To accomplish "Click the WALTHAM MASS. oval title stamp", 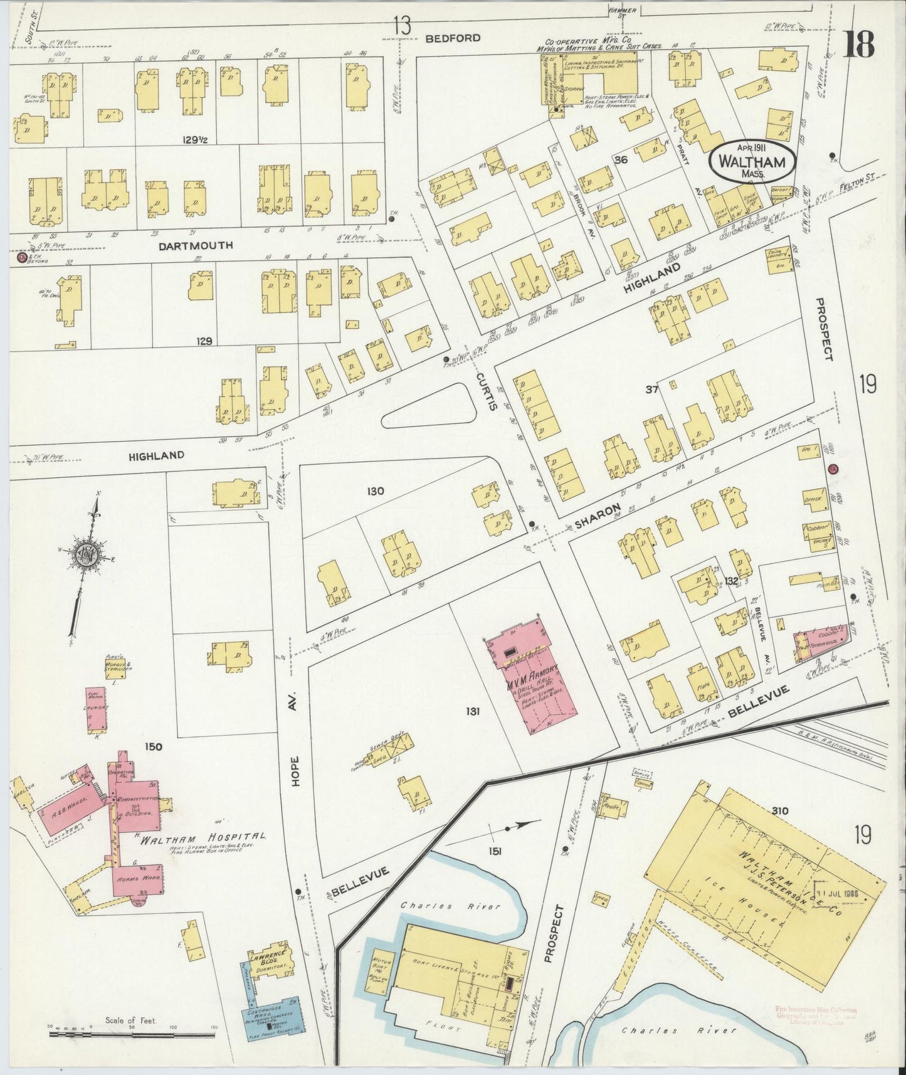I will pos(752,162).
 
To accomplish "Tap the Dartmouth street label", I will pos(187,245).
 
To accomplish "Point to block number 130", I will pos(376,491).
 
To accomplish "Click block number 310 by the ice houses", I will pos(780,810).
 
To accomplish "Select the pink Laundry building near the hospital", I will pos(96,709).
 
